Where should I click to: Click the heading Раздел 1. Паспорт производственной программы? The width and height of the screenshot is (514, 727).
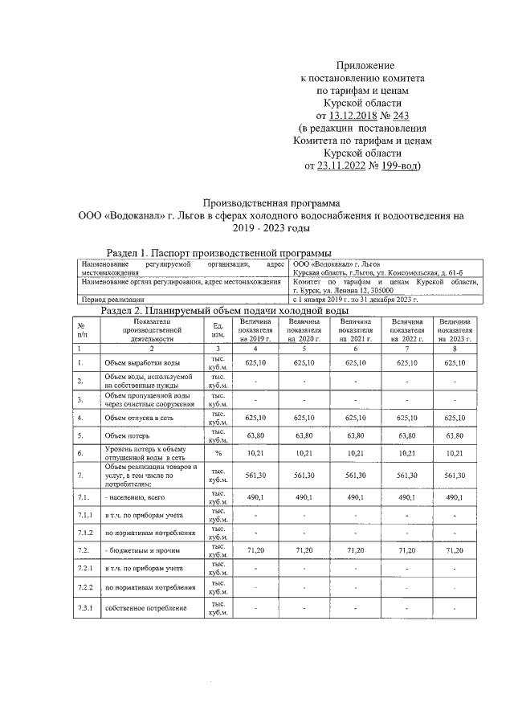(219, 253)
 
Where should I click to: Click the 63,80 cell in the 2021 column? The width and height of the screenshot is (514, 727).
(354, 436)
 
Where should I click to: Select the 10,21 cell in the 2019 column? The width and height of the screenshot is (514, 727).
(255, 453)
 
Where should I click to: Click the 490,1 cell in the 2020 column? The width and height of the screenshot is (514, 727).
(304, 497)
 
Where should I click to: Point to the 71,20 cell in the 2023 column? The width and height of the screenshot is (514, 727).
(455, 552)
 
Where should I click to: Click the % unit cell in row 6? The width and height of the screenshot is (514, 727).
(217, 453)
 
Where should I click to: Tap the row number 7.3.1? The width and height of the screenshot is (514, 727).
(86, 607)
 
